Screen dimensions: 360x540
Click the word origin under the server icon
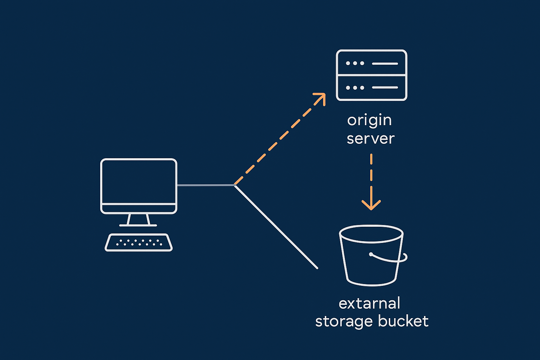click(369, 121)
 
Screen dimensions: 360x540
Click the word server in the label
click(371, 139)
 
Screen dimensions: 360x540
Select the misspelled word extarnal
click(369, 303)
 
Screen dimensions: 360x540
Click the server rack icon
click(372, 75)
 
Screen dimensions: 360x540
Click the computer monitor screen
click(139, 181)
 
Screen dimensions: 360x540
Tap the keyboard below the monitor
click(139, 243)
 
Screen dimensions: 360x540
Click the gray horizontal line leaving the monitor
click(205, 185)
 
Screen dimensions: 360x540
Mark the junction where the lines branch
click(234, 185)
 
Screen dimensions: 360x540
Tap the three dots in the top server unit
click(355, 63)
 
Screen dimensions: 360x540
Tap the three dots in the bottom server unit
click(355, 88)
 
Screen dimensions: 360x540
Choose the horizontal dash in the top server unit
click(385, 64)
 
